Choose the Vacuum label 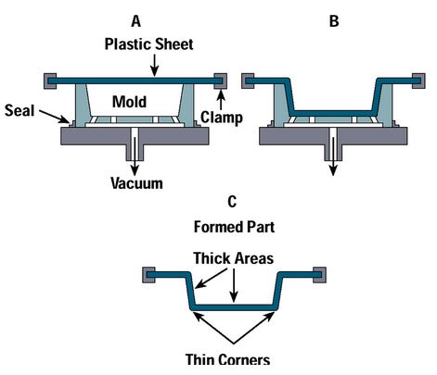click(x=136, y=183)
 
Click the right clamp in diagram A click(x=223, y=78)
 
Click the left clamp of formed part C click(x=148, y=274)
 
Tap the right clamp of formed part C click(x=319, y=274)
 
